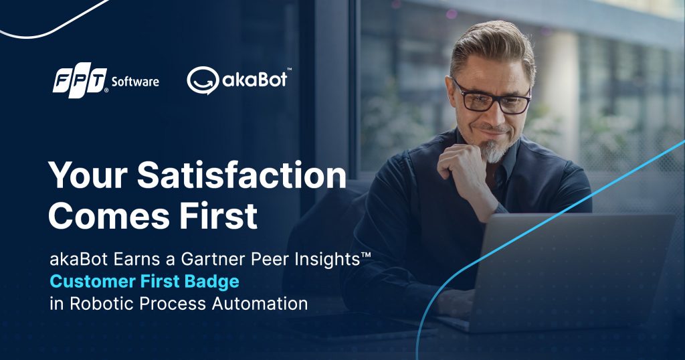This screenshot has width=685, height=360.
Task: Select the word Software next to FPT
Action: point(135,82)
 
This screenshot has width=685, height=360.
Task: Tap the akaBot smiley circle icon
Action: point(203,80)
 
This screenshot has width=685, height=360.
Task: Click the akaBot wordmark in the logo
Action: point(255,79)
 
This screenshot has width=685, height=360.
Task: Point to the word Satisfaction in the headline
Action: point(241,175)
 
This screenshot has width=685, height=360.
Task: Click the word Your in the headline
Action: point(88,175)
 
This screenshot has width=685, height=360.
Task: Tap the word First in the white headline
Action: point(219,215)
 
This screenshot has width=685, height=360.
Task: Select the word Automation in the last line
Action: point(260,303)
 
